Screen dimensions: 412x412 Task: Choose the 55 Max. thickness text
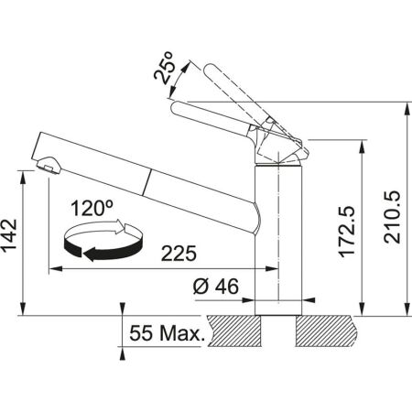point(168,335)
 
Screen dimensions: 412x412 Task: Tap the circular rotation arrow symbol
point(103,243)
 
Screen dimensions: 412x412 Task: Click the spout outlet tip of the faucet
point(47,166)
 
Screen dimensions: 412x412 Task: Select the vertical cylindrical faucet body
point(276,238)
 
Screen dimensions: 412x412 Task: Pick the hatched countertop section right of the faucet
point(324,327)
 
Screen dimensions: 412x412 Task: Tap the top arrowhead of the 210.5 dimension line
point(407,105)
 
